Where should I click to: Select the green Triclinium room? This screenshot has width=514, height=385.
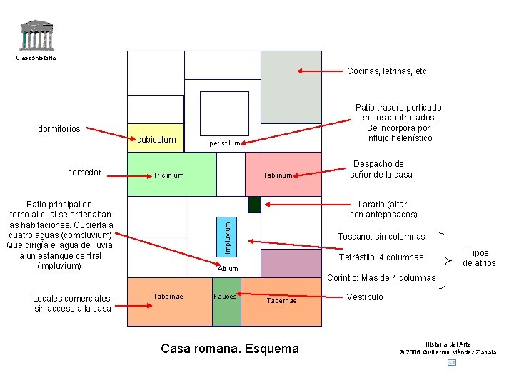coord(171,174)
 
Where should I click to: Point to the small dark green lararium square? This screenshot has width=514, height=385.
coord(255,205)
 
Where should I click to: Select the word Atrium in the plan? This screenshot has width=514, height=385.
coord(228,269)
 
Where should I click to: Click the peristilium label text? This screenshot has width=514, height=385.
coord(225,143)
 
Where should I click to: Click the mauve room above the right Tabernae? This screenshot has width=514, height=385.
coord(291,263)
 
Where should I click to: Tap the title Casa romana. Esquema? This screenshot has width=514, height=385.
coord(230,349)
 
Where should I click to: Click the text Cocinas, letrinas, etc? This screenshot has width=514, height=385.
coord(388,71)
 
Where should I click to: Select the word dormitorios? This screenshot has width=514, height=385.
coord(59,129)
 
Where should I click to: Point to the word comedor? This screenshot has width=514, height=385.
coord(84,173)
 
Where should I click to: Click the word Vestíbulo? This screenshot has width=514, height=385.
coord(365,297)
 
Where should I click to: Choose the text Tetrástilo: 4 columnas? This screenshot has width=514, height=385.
coord(381,257)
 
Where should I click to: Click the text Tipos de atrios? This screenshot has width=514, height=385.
coord(479,257)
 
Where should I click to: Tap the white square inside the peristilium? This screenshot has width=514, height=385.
coord(224,115)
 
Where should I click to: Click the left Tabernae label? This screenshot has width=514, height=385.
coord(168,296)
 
